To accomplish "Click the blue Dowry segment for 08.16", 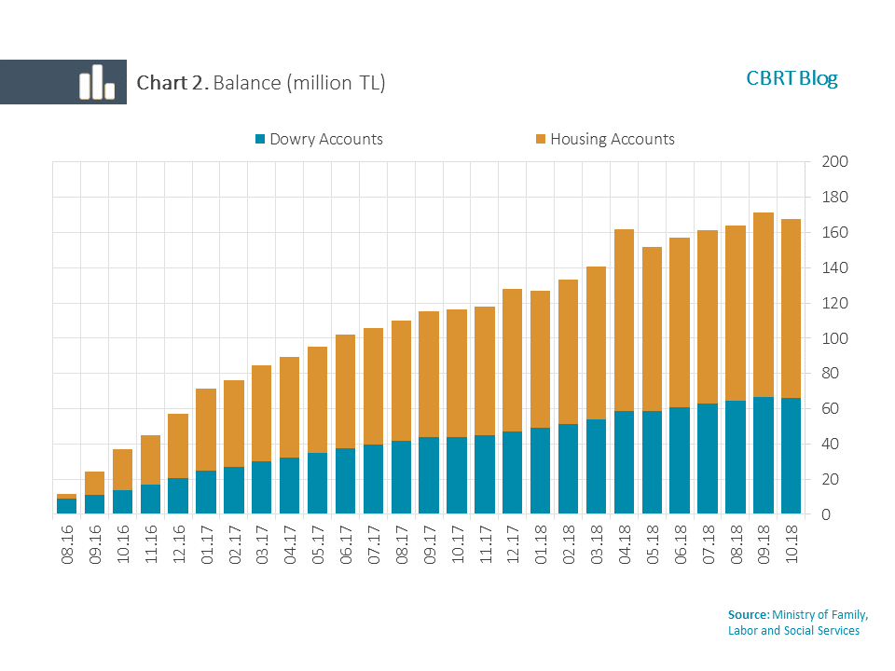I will click(x=66, y=506).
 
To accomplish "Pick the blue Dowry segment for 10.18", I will click(x=792, y=456).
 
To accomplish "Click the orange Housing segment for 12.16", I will click(x=178, y=445).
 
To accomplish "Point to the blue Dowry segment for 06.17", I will click(x=345, y=481).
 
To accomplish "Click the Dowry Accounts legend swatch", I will click(x=260, y=140).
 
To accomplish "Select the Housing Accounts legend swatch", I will click(x=541, y=140).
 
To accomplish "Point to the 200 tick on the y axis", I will click(x=834, y=162).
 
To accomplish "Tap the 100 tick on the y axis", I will click(x=834, y=338).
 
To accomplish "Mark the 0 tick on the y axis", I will click(x=826, y=514).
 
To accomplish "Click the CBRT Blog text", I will click(x=792, y=78).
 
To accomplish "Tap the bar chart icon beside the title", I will click(x=96, y=82).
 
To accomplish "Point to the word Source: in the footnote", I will click(x=749, y=615).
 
